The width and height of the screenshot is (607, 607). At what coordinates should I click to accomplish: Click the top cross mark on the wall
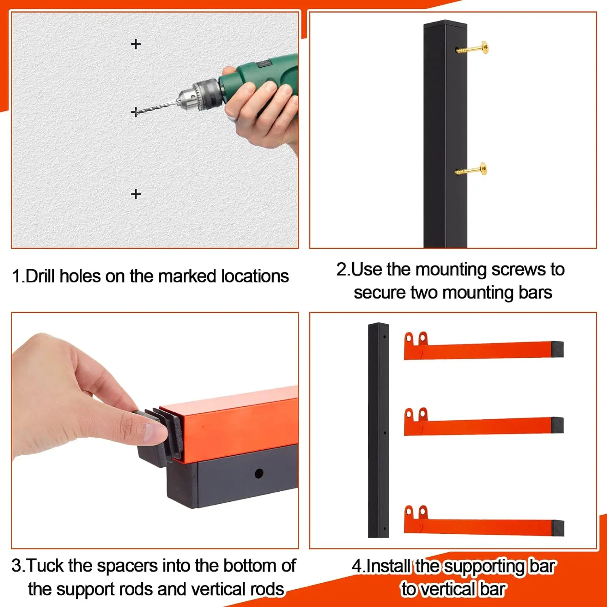tap(136, 44)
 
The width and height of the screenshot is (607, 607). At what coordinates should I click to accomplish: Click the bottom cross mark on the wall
tap(136, 194)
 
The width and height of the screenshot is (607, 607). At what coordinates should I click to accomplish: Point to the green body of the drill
tap(259, 79)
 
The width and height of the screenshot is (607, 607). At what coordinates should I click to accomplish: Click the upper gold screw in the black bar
tap(472, 49)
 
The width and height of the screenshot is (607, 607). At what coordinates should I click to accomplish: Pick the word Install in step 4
tap(388, 566)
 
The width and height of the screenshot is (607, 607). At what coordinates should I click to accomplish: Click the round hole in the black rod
tap(259, 473)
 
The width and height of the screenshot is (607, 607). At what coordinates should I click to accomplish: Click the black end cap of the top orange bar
tap(557, 349)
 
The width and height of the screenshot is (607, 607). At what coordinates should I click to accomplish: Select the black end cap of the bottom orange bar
tap(558, 528)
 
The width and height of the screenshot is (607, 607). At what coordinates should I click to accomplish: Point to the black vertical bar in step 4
tap(378, 430)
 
